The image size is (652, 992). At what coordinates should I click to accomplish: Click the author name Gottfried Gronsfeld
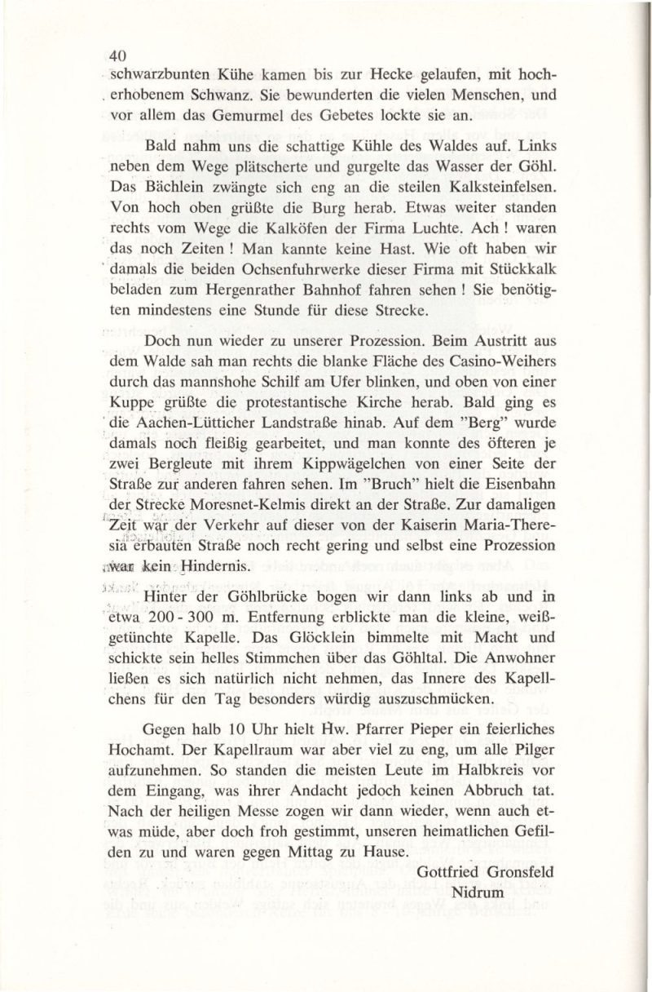tap(484, 872)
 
